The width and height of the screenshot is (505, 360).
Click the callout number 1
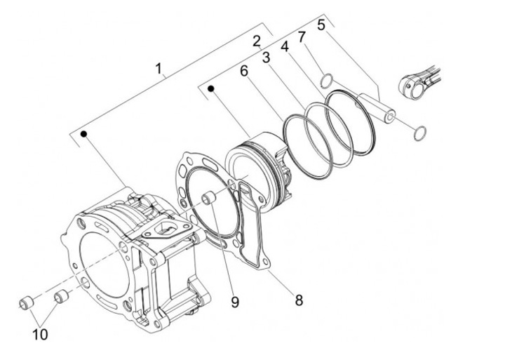[x=159, y=69]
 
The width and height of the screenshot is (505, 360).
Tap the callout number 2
[x=257, y=41]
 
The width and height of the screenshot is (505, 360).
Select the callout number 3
[x=266, y=58]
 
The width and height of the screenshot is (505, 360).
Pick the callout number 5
[x=321, y=25]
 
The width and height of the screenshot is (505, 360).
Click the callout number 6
[x=244, y=71]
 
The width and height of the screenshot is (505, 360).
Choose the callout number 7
[x=302, y=36]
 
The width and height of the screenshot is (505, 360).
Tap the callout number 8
[x=299, y=300]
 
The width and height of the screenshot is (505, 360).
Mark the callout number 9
[x=235, y=302]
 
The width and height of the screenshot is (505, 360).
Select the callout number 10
[x=40, y=335]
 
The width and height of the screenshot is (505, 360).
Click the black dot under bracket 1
[x=83, y=134]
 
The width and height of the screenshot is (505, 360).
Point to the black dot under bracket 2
[x=211, y=88]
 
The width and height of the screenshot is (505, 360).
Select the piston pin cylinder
[x=377, y=107]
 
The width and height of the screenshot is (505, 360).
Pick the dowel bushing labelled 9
[x=208, y=198]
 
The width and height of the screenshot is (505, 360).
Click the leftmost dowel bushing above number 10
[x=27, y=303]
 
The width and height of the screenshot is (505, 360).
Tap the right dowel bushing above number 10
[x=61, y=296]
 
